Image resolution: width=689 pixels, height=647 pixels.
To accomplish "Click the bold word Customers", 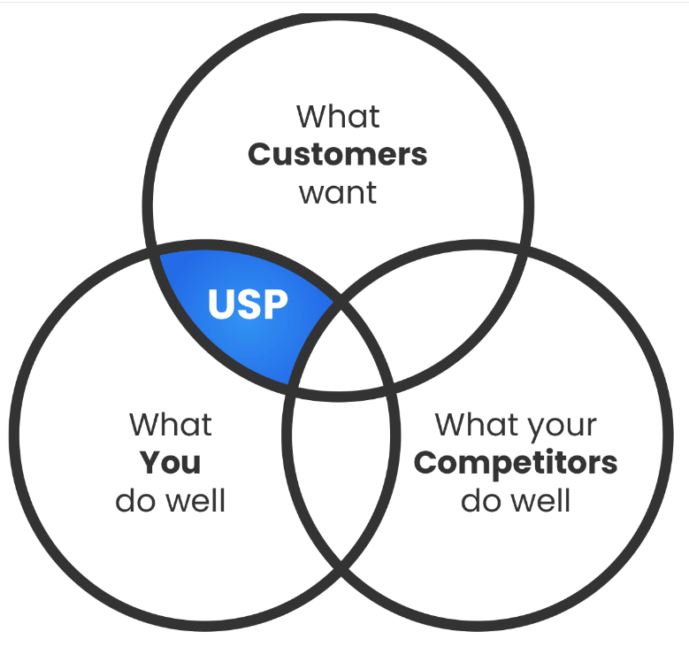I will click(337, 154).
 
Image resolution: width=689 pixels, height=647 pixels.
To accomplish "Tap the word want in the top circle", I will click(338, 192).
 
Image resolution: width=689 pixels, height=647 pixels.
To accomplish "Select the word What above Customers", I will click(338, 116).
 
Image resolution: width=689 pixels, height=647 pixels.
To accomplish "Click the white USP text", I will click(248, 304).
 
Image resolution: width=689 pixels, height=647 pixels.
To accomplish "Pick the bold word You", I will click(170, 462).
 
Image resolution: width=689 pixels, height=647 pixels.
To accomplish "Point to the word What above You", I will click(171, 424).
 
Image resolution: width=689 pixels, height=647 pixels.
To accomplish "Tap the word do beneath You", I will click(135, 500).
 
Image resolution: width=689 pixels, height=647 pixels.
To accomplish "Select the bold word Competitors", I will click(516, 462).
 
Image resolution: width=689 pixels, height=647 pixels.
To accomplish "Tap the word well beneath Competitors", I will click(542, 500).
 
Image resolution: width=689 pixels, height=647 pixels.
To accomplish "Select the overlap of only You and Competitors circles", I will click(337, 469).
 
